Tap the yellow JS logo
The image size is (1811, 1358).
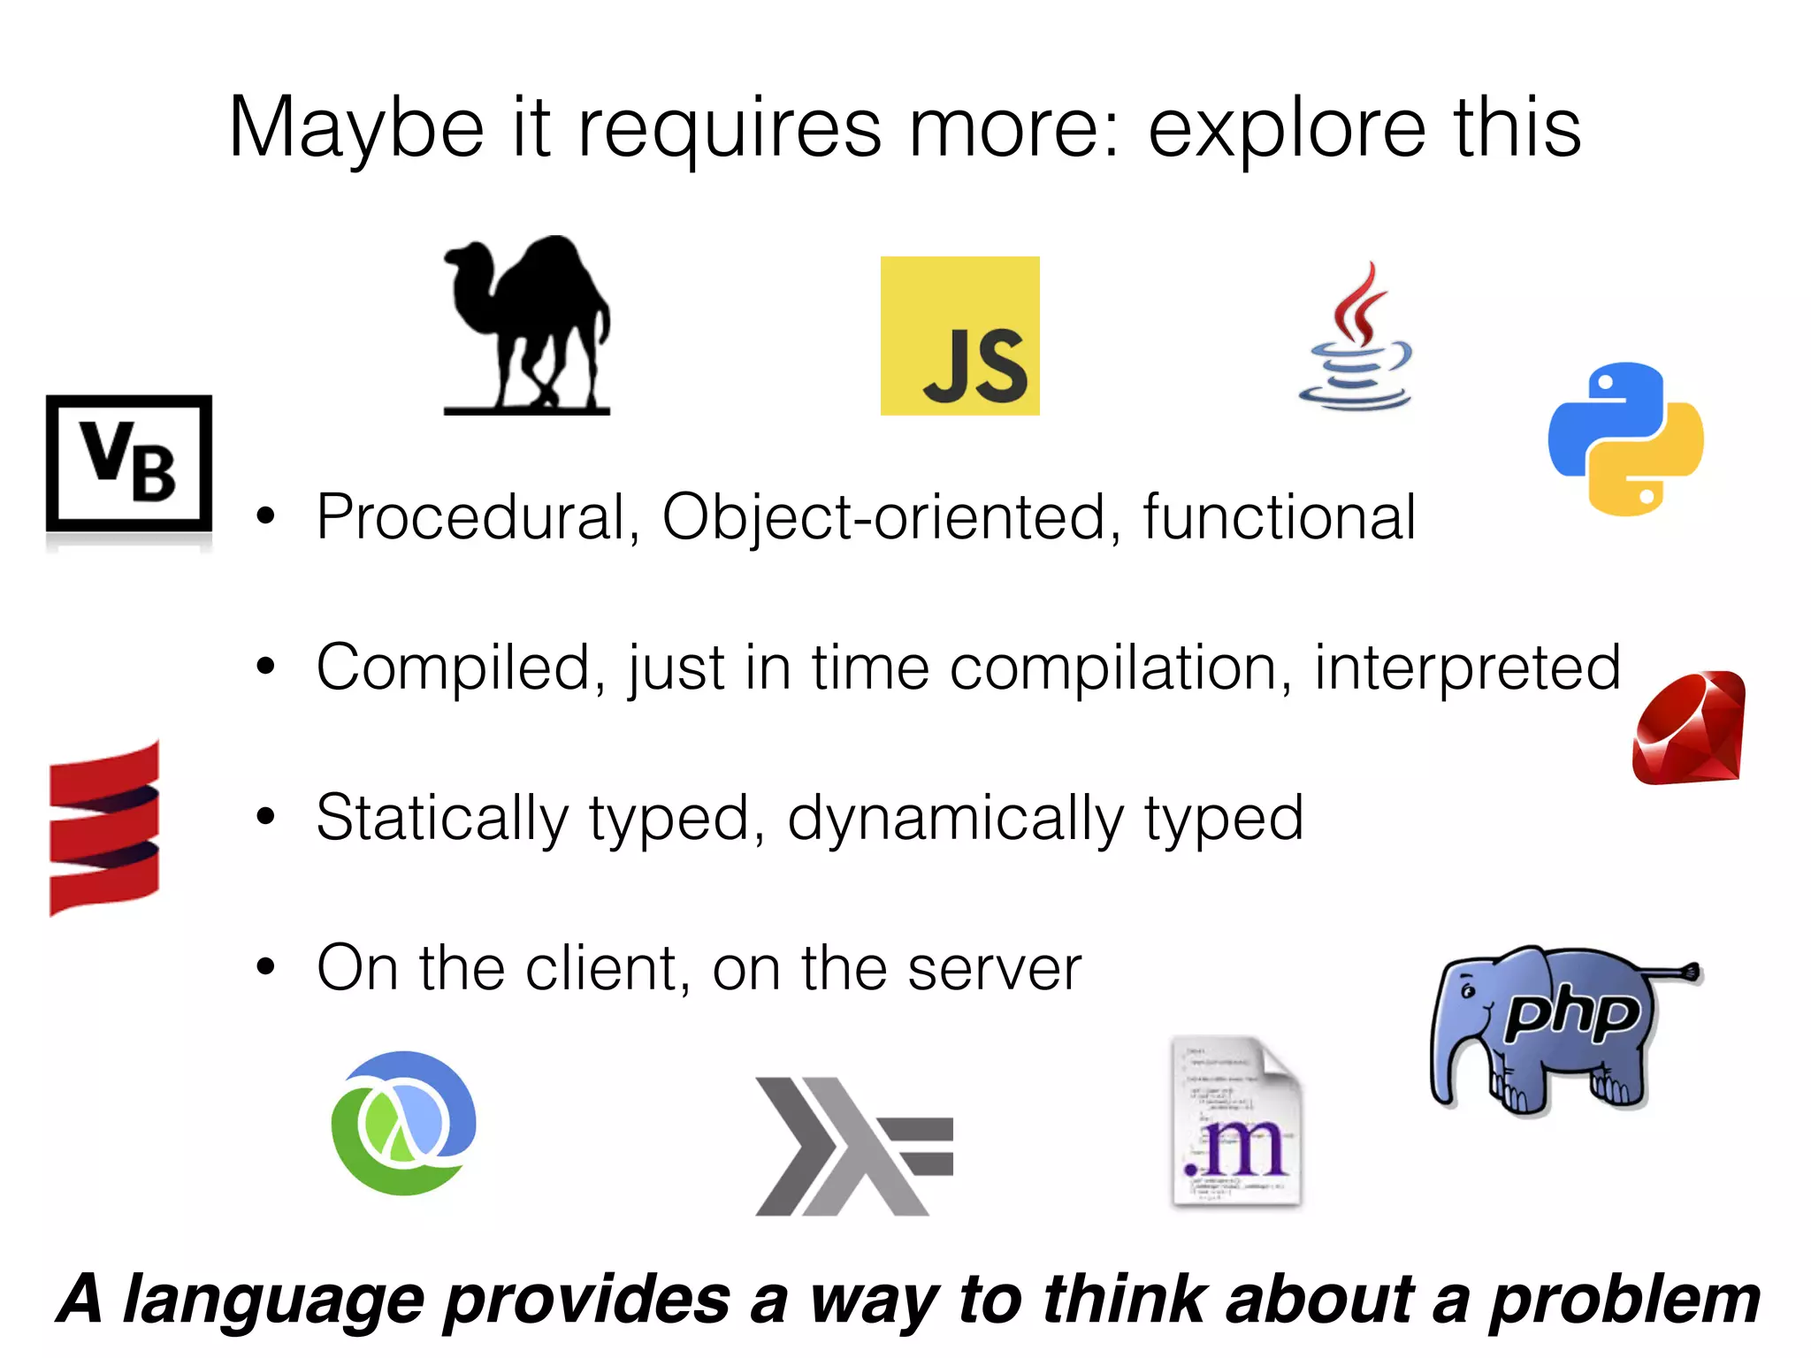(x=959, y=336)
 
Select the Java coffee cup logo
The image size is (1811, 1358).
(x=1355, y=340)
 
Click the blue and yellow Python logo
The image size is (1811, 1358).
(x=1625, y=439)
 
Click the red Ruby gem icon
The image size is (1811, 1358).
(x=1688, y=729)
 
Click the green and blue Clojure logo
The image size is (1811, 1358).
(x=404, y=1123)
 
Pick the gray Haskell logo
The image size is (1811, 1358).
(x=852, y=1146)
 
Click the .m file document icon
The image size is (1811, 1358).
(x=1237, y=1123)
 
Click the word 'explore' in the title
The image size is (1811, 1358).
(x=1287, y=128)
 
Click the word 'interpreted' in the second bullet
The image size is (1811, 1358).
(x=1467, y=668)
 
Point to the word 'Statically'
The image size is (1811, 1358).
(x=442, y=819)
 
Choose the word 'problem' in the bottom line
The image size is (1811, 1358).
(x=1624, y=1300)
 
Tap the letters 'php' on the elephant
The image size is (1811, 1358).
(x=1571, y=1013)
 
